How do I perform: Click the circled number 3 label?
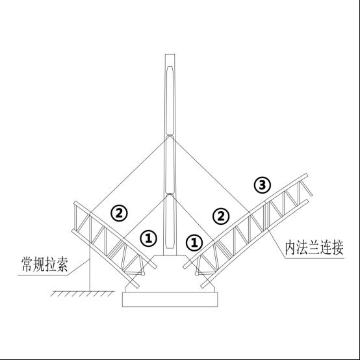click(262, 185)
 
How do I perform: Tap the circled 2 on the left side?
click(119, 213)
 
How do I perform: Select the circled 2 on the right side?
click(221, 216)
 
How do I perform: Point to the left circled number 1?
click(149, 238)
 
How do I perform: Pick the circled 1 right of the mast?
click(194, 242)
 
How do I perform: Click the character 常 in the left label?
click(27, 264)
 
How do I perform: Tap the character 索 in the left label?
click(62, 264)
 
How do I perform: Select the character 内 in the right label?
click(290, 248)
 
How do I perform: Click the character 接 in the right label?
click(337, 248)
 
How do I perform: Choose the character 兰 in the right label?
click(314, 248)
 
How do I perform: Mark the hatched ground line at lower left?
click(82, 294)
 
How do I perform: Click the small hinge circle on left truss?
click(143, 274)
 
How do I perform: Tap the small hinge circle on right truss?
click(196, 274)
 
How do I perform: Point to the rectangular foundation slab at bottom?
click(170, 299)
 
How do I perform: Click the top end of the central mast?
click(170, 55)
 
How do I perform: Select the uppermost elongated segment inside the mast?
click(170, 101)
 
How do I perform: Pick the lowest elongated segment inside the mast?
click(170, 222)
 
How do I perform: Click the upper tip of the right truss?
click(306, 175)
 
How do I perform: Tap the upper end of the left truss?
click(75, 203)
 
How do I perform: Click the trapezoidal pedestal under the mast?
click(170, 273)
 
